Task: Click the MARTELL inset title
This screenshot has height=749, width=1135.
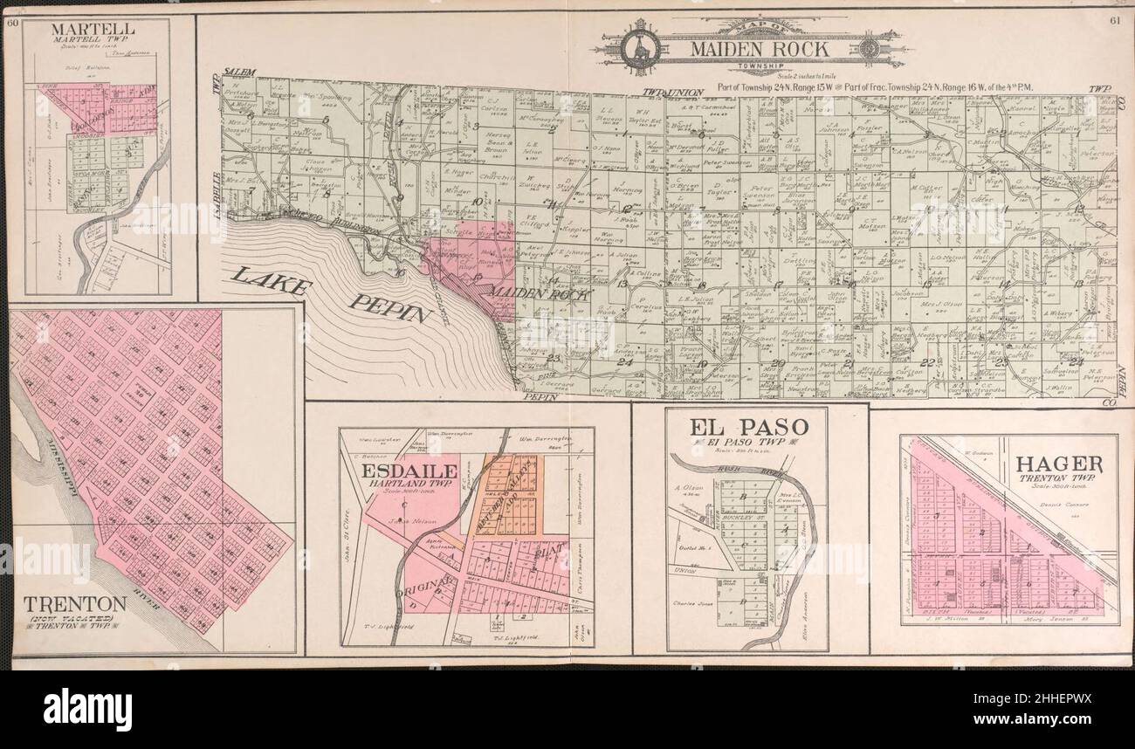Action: (98, 29)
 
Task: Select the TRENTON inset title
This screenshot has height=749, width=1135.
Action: (75, 603)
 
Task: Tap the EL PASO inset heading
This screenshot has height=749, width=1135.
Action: (746, 428)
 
